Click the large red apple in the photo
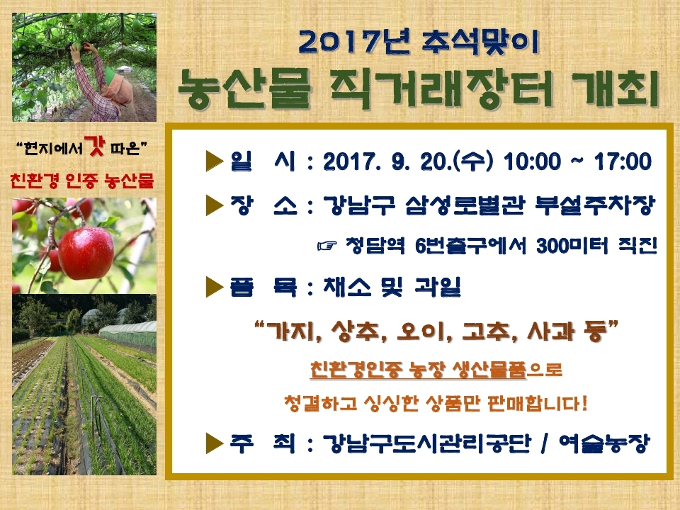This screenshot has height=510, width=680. (86, 253)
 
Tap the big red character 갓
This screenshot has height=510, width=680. (94, 146)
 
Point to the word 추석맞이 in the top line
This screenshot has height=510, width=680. (480, 42)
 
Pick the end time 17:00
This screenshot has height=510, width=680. (623, 161)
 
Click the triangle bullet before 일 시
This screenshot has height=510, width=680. (214, 161)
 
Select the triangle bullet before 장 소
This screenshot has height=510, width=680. (214, 205)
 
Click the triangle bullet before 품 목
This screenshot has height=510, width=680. (214, 287)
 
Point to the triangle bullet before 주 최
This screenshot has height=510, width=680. (214, 443)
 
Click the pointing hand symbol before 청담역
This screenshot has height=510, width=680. (327, 246)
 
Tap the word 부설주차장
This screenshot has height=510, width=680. (594, 205)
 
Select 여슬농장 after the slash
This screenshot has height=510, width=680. (604, 443)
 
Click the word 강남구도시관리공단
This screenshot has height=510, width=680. (426, 443)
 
